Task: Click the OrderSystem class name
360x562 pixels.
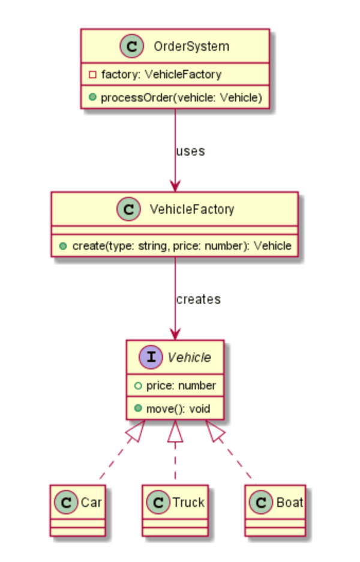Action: tap(187, 46)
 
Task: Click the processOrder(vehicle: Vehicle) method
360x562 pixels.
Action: tap(178, 97)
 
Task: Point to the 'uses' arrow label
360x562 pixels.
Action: tap(190, 151)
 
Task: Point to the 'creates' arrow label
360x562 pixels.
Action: tap(198, 299)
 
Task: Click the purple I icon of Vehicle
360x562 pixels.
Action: tap(151, 357)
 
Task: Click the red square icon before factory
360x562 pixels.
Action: tap(92, 75)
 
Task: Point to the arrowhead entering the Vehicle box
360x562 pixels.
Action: tap(175, 333)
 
